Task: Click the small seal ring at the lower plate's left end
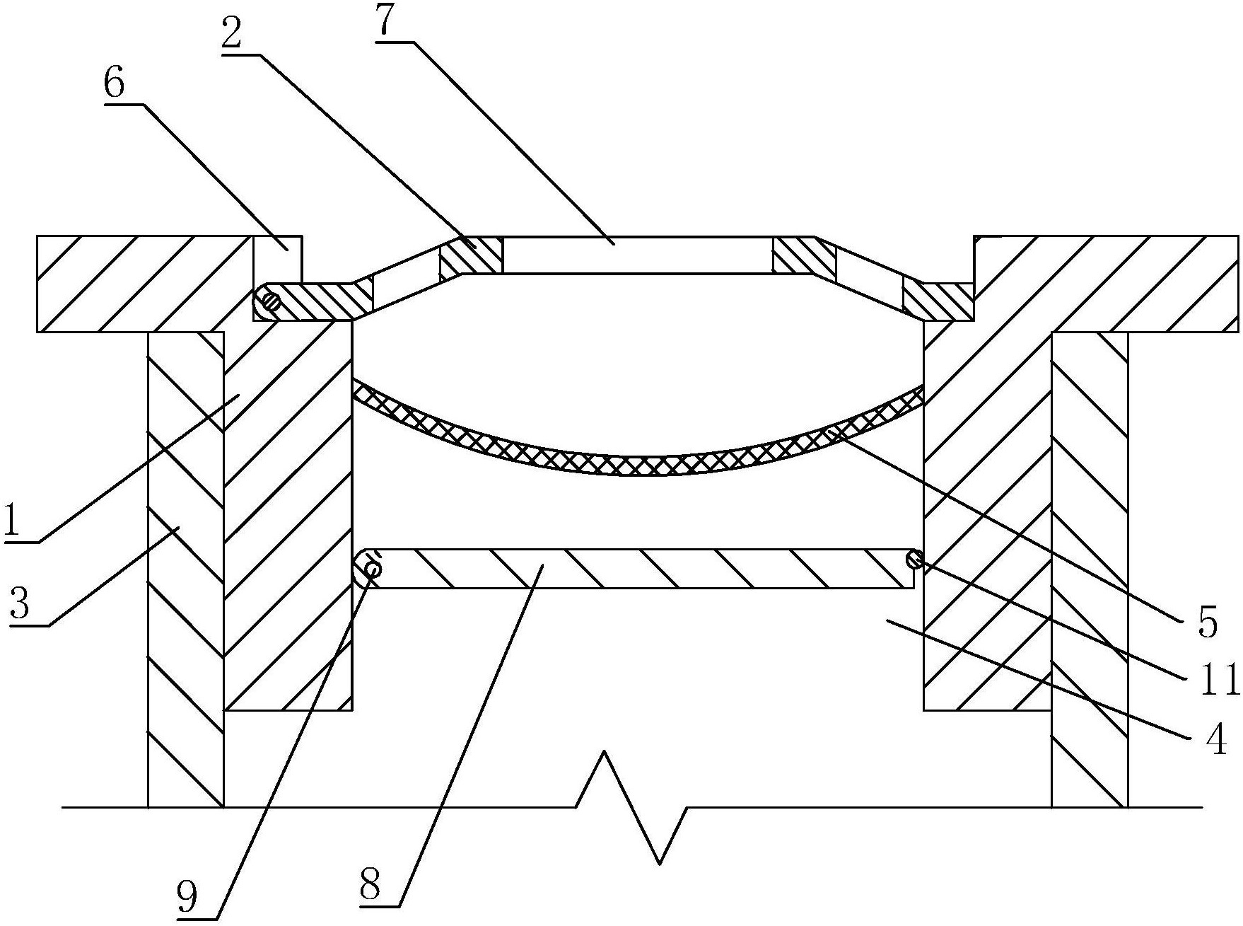(373, 568)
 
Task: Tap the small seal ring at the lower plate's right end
(914, 560)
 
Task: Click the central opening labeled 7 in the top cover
(636, 255)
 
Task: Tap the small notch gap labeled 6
(277, 259)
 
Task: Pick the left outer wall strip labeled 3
(186, 569)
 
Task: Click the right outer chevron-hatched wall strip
(1089, 569)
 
